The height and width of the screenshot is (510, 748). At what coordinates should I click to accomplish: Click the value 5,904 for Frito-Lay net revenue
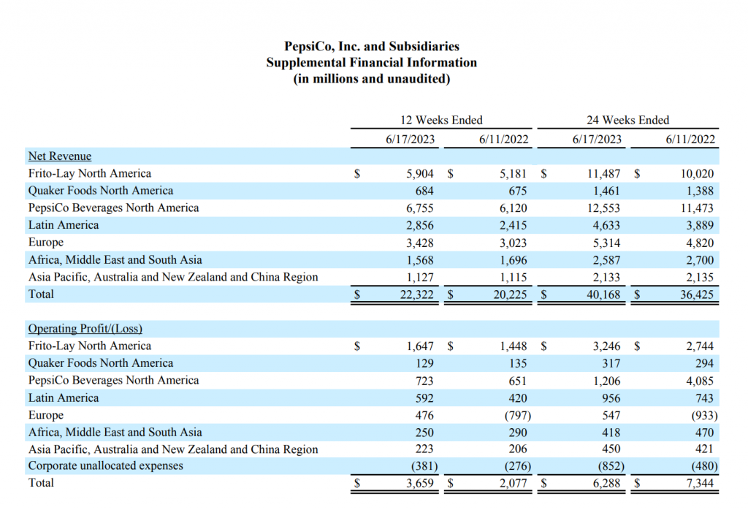click(420, 174)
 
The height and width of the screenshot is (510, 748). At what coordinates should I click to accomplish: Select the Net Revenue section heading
click(60, 156)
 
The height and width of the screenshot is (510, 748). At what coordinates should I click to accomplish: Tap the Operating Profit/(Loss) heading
click(85, 329)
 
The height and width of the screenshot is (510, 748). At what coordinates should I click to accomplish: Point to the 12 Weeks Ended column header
click(441, 120)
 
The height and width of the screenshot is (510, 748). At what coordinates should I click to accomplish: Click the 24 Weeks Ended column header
click(627, 120)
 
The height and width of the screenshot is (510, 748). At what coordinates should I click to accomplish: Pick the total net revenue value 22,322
click(416, 294)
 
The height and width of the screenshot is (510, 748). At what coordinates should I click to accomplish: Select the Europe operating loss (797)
click(518, 416)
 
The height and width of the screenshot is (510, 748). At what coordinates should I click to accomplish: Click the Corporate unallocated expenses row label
click(105, 465)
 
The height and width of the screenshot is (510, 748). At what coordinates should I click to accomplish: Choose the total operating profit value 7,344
click(700, 483)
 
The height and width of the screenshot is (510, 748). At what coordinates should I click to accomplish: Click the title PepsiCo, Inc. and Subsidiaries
click(372, 46)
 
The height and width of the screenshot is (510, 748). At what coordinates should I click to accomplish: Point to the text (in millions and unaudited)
click(372, 79)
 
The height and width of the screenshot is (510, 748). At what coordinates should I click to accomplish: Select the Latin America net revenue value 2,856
click(420, 225)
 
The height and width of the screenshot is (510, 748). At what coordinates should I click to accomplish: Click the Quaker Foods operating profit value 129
click(424, 364)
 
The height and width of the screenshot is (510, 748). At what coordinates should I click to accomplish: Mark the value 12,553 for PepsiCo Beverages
click(603, 208)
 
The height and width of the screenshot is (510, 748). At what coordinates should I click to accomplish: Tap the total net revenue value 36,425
click(696, 294)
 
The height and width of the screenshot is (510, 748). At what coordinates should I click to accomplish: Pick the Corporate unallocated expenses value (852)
click(611, 466)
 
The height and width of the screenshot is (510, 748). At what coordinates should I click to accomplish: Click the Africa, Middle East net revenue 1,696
click(514, 260)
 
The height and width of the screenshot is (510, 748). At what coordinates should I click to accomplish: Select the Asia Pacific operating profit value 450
click(611, 449)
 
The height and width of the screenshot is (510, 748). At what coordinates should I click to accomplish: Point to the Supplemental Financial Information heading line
click(372, 63)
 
